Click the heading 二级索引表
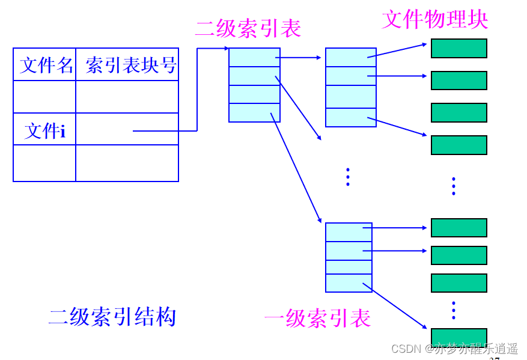tap(248, 28)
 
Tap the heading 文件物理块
tap(434, 19)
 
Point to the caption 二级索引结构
tap(112, 316)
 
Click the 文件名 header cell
tap(45, 65)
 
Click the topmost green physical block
tap(458, 49)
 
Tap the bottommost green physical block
tap(458, 337)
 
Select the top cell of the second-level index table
tap(254, 57)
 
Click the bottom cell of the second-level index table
tap(254, 113)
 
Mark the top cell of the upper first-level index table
tap(350, 57)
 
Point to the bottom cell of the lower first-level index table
tap(349, 283)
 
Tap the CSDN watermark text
tap(454, 349)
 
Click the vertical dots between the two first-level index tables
tap(347, 177)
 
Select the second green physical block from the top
tap(458, 81)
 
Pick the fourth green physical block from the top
tap(458, 145)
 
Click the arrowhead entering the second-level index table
tap(227, 48)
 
